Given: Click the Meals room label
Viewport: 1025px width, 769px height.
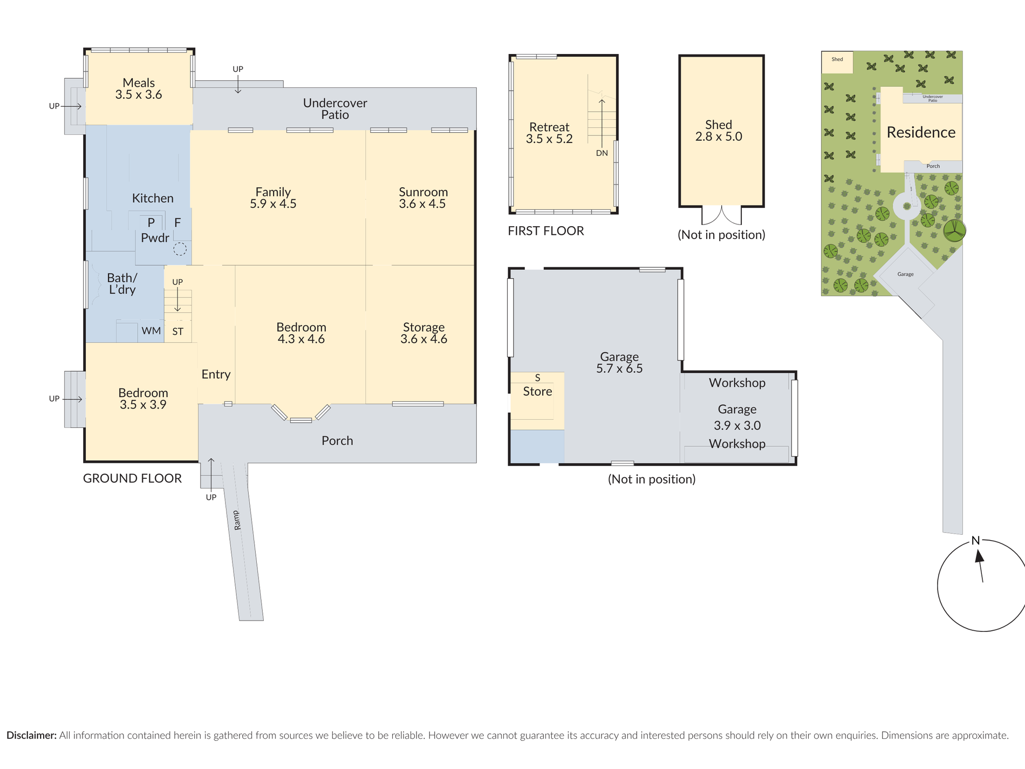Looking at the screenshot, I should [x=139, y=83].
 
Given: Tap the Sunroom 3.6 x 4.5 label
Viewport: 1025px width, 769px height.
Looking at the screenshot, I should [x=423, y=198].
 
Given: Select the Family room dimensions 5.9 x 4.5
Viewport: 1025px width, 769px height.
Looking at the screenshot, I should [x=273, y=204].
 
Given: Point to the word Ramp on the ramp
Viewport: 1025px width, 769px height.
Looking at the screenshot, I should [x=237, y=520].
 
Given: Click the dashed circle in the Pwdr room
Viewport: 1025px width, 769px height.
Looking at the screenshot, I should [x=180, y=249].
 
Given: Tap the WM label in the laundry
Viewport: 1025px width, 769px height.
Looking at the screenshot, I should [x=151, y=331].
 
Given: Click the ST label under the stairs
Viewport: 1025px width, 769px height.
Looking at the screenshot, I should [x=177, y=332].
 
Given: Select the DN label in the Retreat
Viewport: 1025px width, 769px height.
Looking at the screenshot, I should [x=602, y=153].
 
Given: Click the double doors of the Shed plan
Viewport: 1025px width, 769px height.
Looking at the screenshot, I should [x=721, y=215].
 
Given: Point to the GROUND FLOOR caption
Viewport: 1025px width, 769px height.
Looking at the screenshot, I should [x=132, y=479].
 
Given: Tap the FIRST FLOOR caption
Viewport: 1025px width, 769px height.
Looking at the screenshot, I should [x=545, y=231].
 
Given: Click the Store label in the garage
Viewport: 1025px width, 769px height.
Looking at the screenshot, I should [x=537, y=392].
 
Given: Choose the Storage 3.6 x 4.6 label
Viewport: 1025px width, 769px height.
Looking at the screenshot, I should [x=423, y=333].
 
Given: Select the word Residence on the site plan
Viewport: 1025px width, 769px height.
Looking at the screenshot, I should [x=921, y=133].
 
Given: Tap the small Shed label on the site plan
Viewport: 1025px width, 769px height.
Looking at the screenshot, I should [x=837, y=59].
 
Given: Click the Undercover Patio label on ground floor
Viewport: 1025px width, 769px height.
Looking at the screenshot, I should [x=335, y=108].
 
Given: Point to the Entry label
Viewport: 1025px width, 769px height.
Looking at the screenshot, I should [x=216, y=375].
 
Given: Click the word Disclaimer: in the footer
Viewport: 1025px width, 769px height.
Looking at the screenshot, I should [x=31, y=736].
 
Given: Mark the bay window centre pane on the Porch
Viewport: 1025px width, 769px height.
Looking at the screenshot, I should [x=301, y=420].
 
